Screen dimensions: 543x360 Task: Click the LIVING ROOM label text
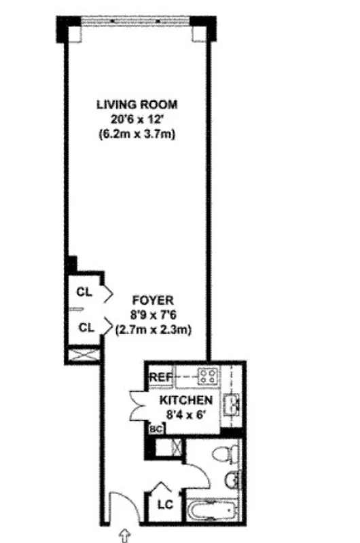coord(137,105)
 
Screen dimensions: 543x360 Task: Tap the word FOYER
coord(153,299)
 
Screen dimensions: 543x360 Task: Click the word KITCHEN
coord(186,400)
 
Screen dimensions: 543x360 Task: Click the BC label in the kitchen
coord(155,429)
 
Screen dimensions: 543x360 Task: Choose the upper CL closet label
coord(84,293)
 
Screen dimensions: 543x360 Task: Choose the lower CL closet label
coord(84,327)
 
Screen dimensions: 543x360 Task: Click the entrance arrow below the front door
coord(125,536)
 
